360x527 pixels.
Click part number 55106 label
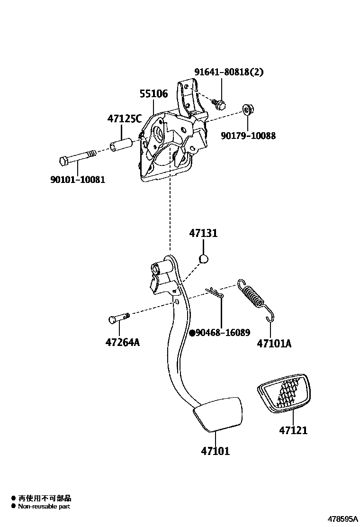(153, 94)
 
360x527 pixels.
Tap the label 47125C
(124, 119)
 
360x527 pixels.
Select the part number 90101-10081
(77, 180)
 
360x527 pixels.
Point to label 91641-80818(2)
(229, 72)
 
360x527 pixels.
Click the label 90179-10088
(248, 136)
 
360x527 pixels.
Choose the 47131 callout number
(203, 233)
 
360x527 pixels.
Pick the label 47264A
(123, 342)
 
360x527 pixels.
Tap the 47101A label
(274, 343)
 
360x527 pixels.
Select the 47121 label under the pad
(293, 430)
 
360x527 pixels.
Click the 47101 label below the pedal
(215, 451)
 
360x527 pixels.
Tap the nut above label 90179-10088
(247, 110)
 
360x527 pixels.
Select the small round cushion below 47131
(203, 258)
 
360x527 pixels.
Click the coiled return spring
(256, 298)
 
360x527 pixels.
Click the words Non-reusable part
(44, 507)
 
